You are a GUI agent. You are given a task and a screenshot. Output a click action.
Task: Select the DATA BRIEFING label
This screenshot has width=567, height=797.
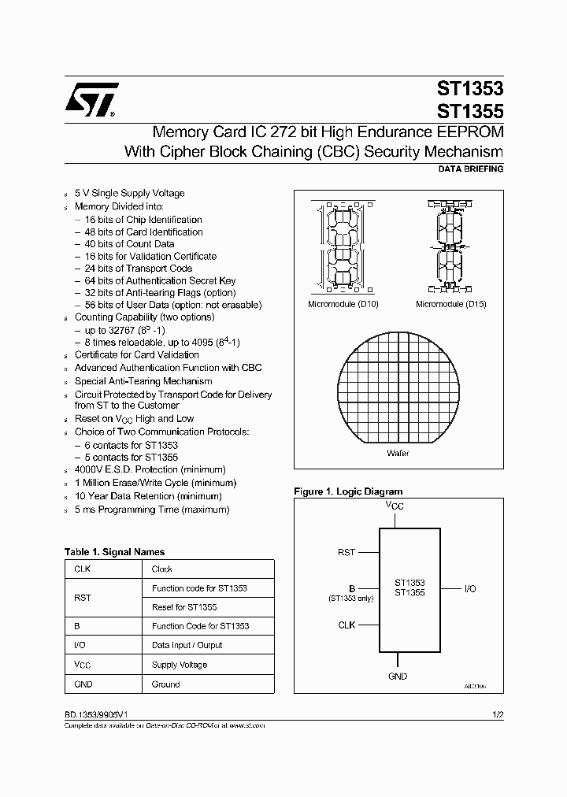tap(470, 169)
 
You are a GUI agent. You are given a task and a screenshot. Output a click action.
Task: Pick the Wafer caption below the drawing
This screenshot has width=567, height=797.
tap(398, 454)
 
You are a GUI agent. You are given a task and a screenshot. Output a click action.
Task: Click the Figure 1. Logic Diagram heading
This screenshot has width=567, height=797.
tap(348, 491)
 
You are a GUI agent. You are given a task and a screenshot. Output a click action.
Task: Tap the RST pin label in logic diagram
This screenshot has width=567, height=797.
tap(346, 553)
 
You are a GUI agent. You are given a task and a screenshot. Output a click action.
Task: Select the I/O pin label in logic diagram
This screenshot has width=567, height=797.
tap(469, 588)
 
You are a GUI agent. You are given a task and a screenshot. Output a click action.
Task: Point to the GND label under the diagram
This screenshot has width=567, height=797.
tap(398, 676)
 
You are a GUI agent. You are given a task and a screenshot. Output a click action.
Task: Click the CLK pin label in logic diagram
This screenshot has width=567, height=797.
tap(346, 625)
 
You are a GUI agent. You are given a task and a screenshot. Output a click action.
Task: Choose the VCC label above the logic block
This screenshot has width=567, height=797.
tap(395, 505)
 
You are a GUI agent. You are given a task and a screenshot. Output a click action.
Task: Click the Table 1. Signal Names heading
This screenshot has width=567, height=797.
tap(114, 552)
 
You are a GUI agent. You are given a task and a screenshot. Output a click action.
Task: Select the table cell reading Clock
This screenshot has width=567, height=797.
tap(162, 569)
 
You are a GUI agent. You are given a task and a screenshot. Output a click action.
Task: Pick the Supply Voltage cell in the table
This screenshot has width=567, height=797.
tap(180, 665)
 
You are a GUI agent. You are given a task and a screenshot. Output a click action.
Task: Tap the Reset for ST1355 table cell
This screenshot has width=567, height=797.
tap(184, 607)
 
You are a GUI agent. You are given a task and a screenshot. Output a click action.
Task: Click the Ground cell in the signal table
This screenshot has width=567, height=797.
tap(165, 684)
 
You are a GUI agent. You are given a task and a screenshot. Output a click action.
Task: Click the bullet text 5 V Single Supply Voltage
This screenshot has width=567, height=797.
tap(129, 193)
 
